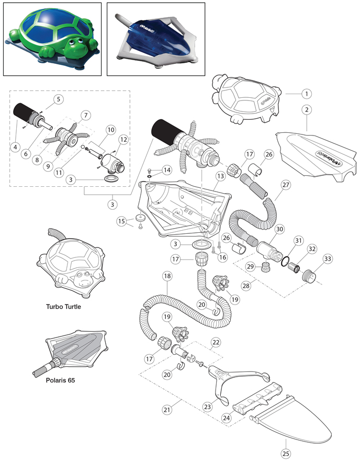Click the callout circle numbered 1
(x=307, y=94)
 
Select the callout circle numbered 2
(x=307, y=110)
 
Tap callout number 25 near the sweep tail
(x=286, y=453)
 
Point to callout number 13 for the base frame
(x=220, y=176)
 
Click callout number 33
(x=328, y=258)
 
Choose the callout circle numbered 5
(x=58, y=99)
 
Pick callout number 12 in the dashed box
(x=123, y=139)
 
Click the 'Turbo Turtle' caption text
(x=63, y=307)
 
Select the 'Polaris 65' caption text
(x=60, y=380)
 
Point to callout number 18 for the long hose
(x=167, y=276)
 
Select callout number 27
(x=286, y=185)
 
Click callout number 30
(x=279, y=229)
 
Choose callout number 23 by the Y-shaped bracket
(x=207, y=407)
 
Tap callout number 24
(x=226, y=418)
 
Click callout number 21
(x=167, y=410)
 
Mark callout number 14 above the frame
(x=167, y=170)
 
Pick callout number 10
(x=111, y=130)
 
